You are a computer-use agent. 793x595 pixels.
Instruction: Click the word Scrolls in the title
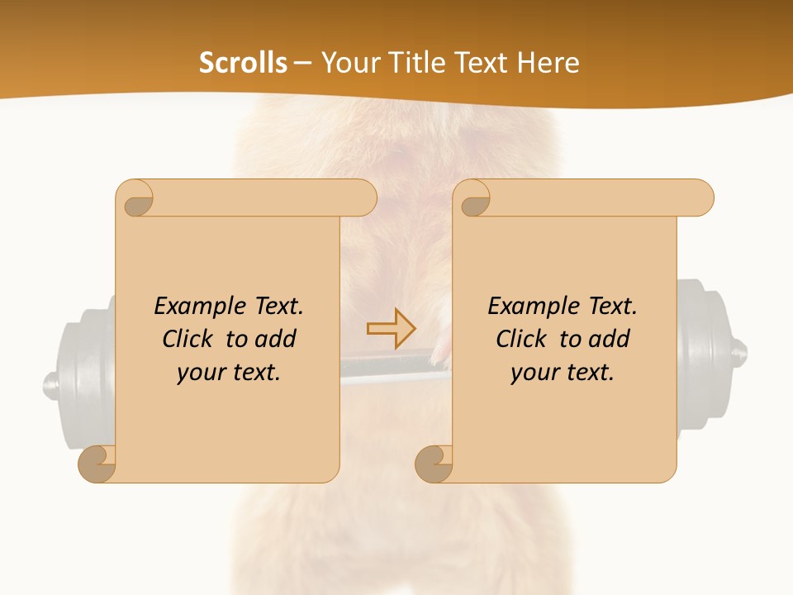click(243, 63)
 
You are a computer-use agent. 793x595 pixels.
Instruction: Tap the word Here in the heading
click(548, 63)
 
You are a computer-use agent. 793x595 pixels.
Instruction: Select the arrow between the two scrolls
click(392, 329)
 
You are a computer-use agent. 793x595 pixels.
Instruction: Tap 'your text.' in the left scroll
click(229, 372)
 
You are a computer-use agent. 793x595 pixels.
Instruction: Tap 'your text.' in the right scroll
click(563, 372)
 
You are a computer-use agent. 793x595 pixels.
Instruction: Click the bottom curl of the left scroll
click(97, 464)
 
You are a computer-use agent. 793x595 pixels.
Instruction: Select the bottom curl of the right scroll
click(434, 464)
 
